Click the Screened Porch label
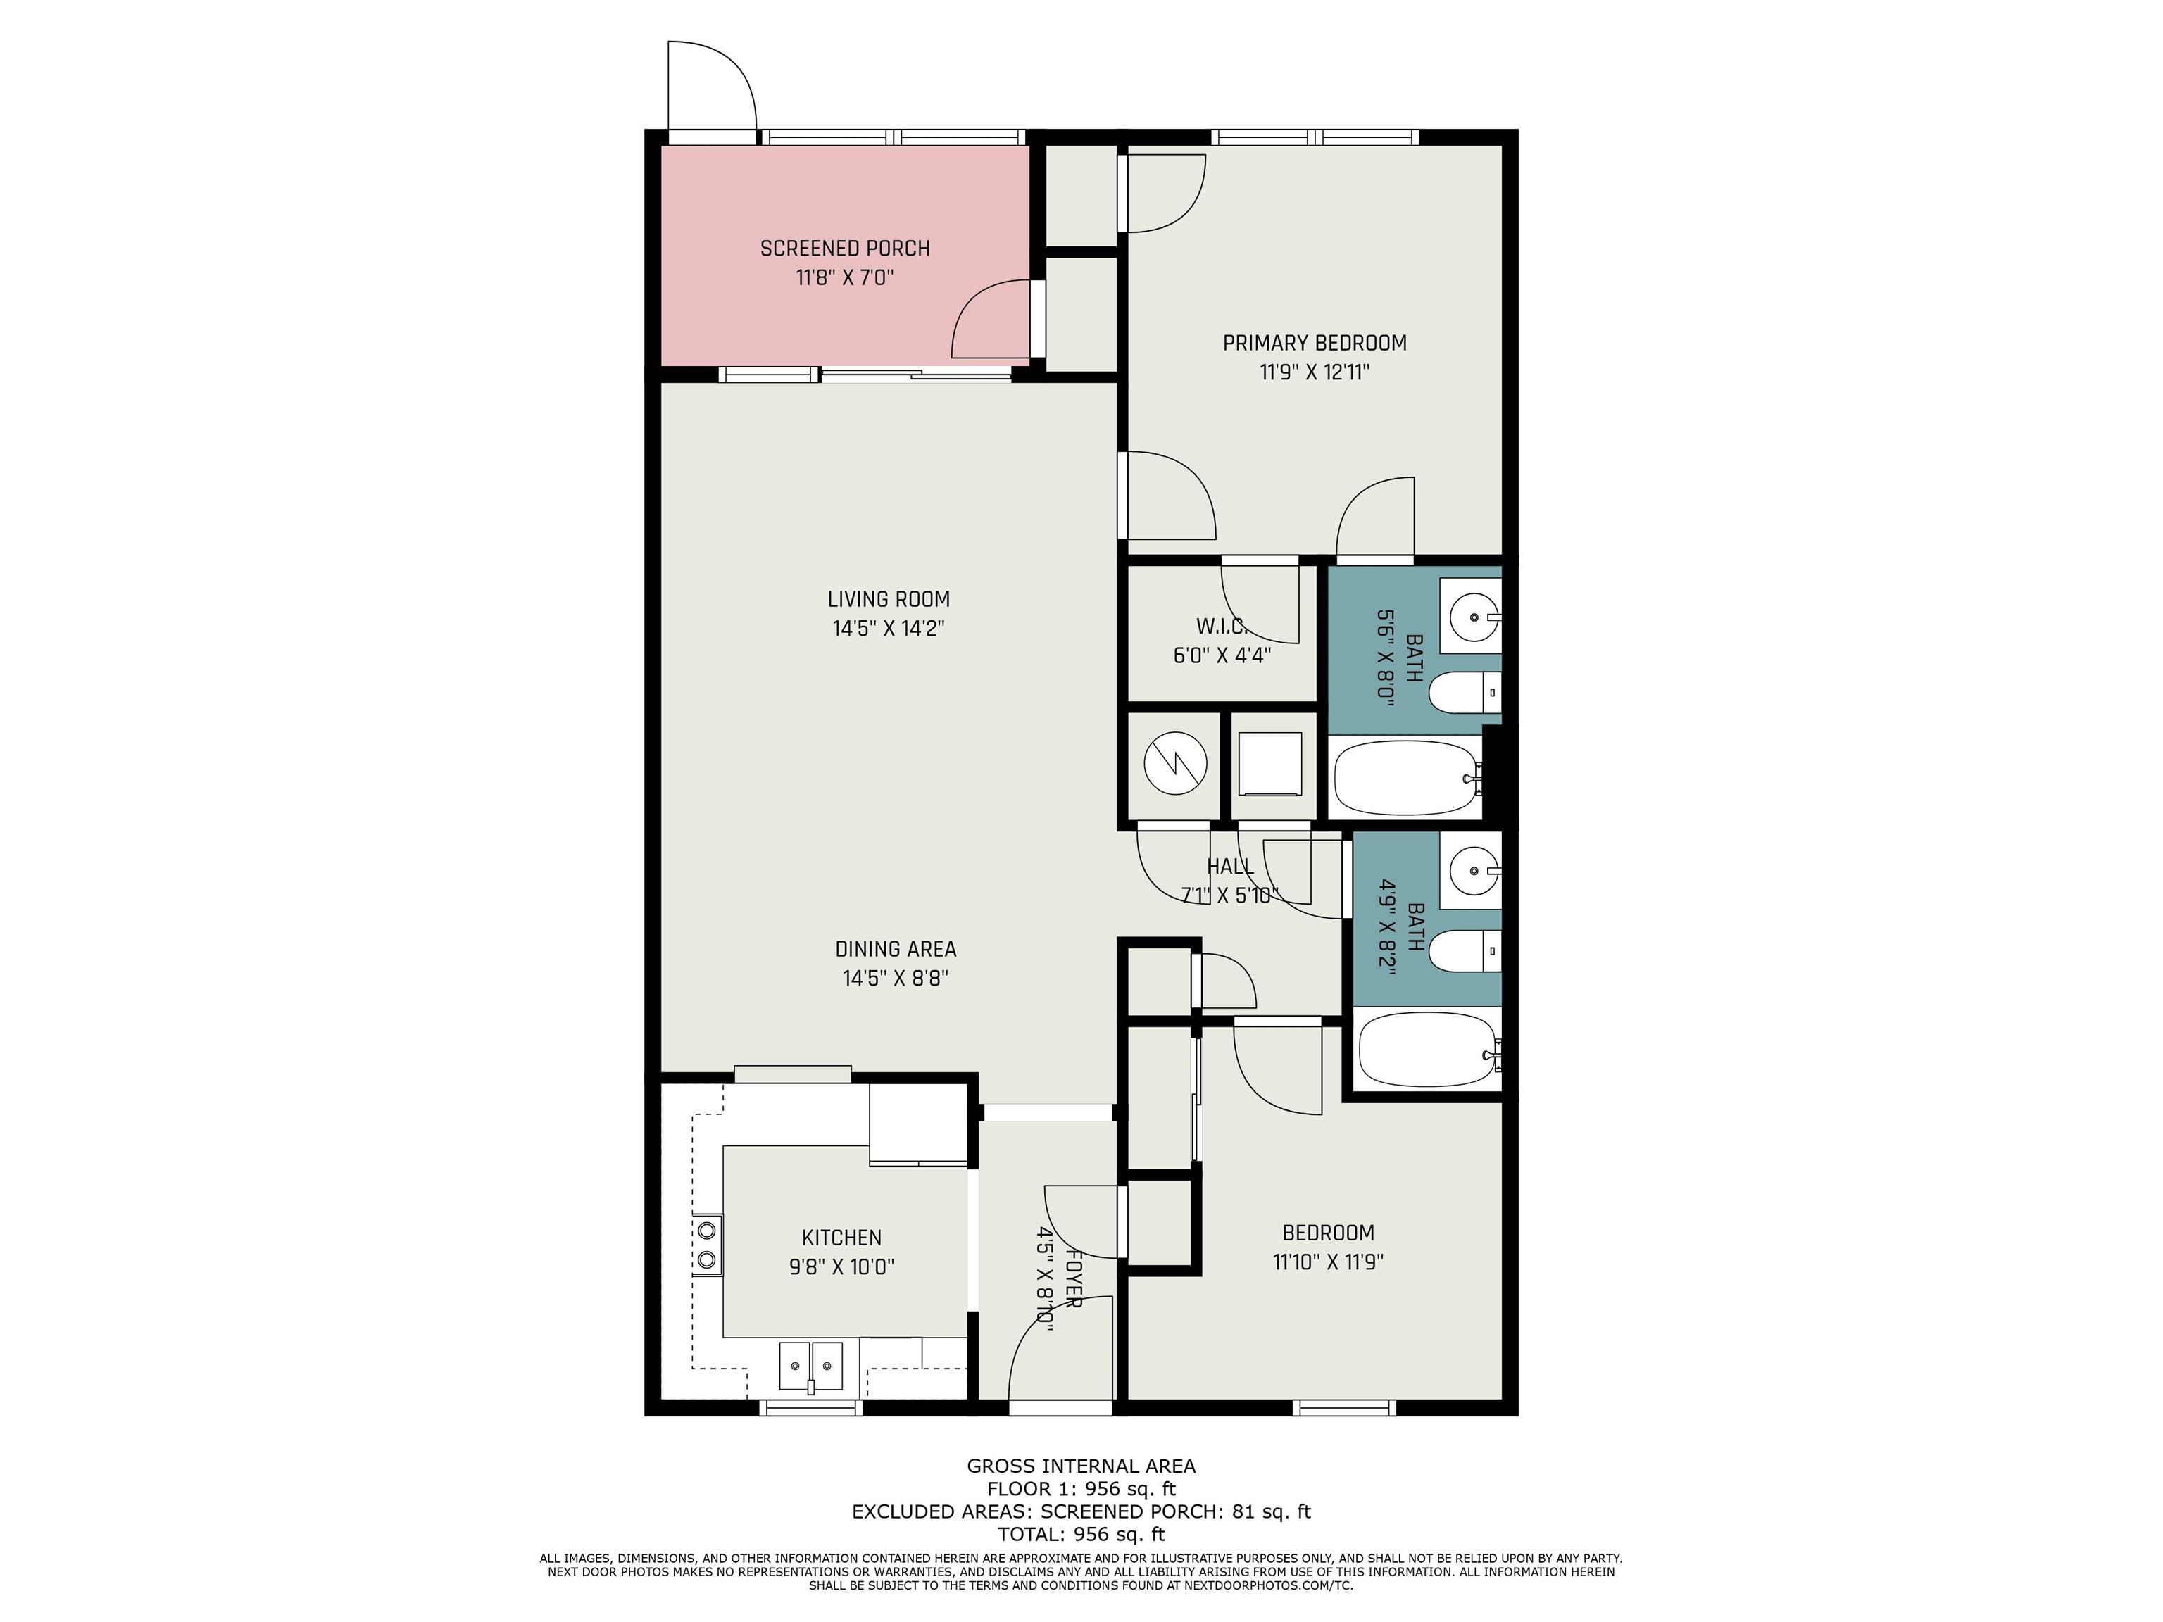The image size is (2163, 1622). click(x=845, y=249)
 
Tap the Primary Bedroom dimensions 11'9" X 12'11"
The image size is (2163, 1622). click(x=1315, y=372)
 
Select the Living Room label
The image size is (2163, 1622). click(x=888, y=599)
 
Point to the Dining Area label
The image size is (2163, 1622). click(x=896, y=948)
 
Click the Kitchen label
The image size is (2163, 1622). click(x=842, y=1238)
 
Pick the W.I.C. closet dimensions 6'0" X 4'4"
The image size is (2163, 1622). click(x=1222, y=655)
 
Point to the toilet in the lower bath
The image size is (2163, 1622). click(x=1465, y=950)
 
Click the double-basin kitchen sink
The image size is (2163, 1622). click(x=810, y=1365)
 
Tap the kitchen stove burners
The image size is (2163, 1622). click(x=707, y=1244)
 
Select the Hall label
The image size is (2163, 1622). click(x=1230, y=866)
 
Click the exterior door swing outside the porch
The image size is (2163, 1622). click(x=712, y=85)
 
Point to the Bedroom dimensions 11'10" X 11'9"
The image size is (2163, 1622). click(x=1328, y=1262)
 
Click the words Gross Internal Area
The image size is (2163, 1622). click(x=1081, y=1466)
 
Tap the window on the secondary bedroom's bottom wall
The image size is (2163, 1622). click(x=1343, y=1408)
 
